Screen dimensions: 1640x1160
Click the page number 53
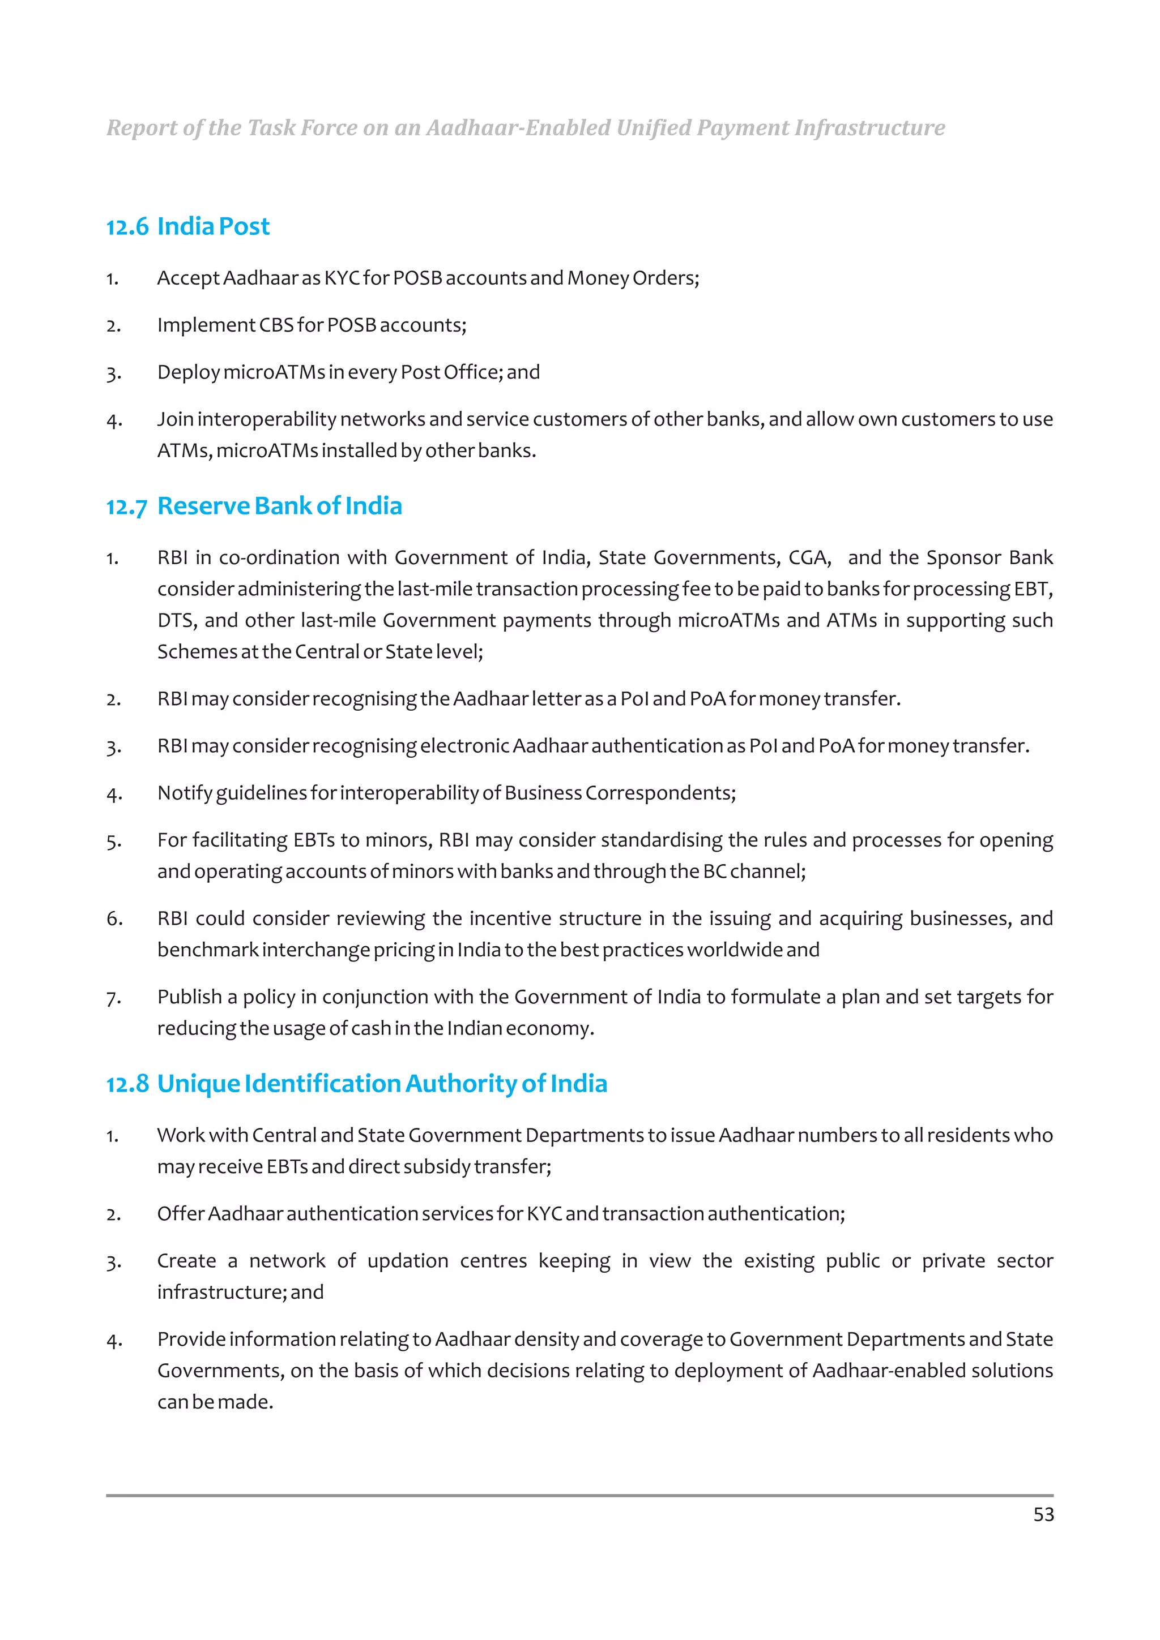click(x=1043, y=1514)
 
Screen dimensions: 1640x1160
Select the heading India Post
click(x=213, y=226)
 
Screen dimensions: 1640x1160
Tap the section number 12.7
click(x=126, y=507)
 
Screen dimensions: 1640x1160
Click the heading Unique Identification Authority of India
click(x=382, y=1084)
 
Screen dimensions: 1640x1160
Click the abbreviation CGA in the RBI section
click(x=809, y=557)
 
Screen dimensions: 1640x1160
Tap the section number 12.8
click(x=126, y=1085)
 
